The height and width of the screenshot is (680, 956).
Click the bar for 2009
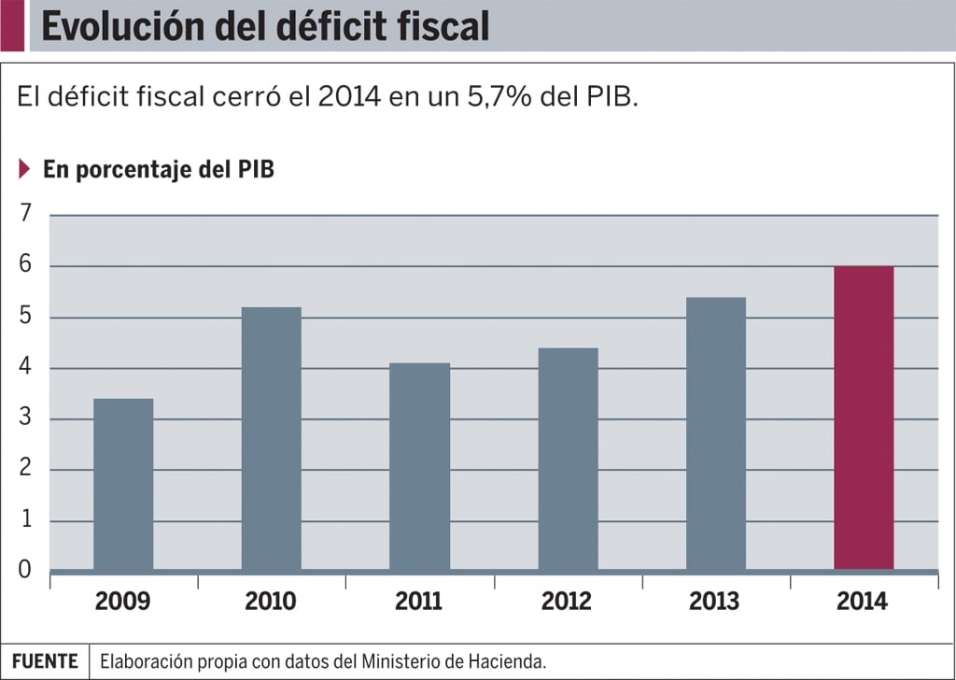[x=123, y=484]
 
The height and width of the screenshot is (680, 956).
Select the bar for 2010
[x=271, y=438]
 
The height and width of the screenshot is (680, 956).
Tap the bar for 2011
[x=419, y=466]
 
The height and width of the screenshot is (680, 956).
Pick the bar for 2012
[x=568, y=459]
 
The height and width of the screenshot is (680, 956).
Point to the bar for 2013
[x=715, y=433]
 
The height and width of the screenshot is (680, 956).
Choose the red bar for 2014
[x=864, y=418]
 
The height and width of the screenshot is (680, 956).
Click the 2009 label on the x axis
[x=123, y=602]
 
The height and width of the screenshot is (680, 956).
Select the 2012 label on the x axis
[x=567, y=602]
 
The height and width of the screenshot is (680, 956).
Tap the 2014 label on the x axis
[x=863, y=602]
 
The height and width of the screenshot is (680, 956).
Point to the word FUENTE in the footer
[x=45, y=661]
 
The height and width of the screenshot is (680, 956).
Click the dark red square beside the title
[x=12, y=25]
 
